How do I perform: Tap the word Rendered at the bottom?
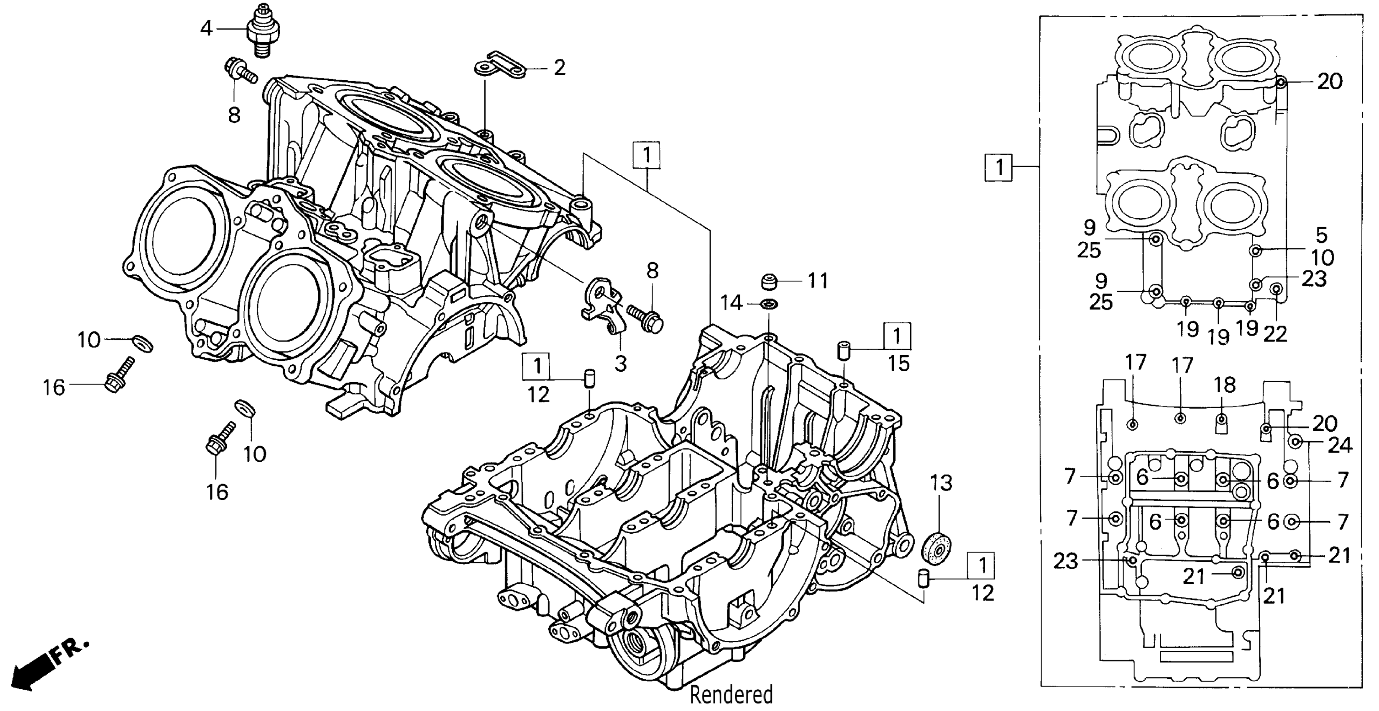[x=731, y=694]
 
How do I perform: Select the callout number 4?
[x=207, y=28]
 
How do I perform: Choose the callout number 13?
[x=941, y=483]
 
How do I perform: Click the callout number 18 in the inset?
[x=1226, y=385]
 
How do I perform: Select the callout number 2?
[x=559, y=68]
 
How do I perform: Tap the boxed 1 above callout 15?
[x=897, y=336]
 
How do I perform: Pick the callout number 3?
[x=620, y=364]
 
